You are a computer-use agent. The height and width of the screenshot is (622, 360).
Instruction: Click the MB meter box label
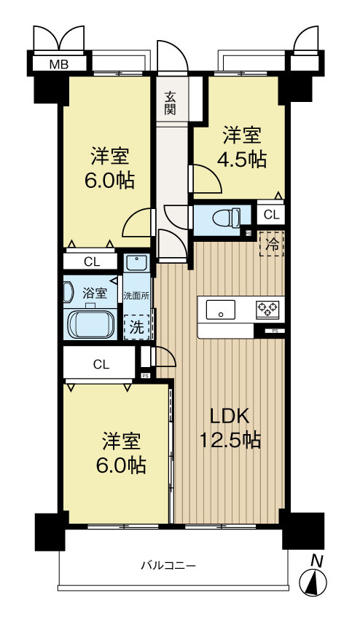[x=58, y=64]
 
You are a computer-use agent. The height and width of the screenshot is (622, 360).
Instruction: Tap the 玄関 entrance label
[x=171, y=103]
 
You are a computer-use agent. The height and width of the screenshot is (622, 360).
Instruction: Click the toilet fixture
[x=228, y=218]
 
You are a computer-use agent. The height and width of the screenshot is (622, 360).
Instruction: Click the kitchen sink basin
[x=219, y=310]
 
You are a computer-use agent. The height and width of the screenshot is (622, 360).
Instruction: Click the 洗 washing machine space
[x=136, y=327]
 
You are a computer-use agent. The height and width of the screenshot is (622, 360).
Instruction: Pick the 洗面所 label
[x=136, y=296]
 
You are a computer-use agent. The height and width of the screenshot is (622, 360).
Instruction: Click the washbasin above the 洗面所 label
[x=136, y=262]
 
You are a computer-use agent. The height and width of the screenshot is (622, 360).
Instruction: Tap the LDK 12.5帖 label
[x=230, y=428]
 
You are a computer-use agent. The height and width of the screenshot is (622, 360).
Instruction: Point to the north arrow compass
[x=316, y=582]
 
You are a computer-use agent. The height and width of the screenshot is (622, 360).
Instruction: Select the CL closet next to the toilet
[x=270, y=214]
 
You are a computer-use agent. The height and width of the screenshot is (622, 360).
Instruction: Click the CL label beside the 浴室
[x=91, y=261]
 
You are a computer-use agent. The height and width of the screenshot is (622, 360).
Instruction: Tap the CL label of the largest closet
[x=101, y=364]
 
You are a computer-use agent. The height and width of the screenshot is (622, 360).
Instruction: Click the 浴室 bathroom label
[x=94, y=293]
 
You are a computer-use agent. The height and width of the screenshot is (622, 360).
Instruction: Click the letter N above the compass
[x=316, y=560]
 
